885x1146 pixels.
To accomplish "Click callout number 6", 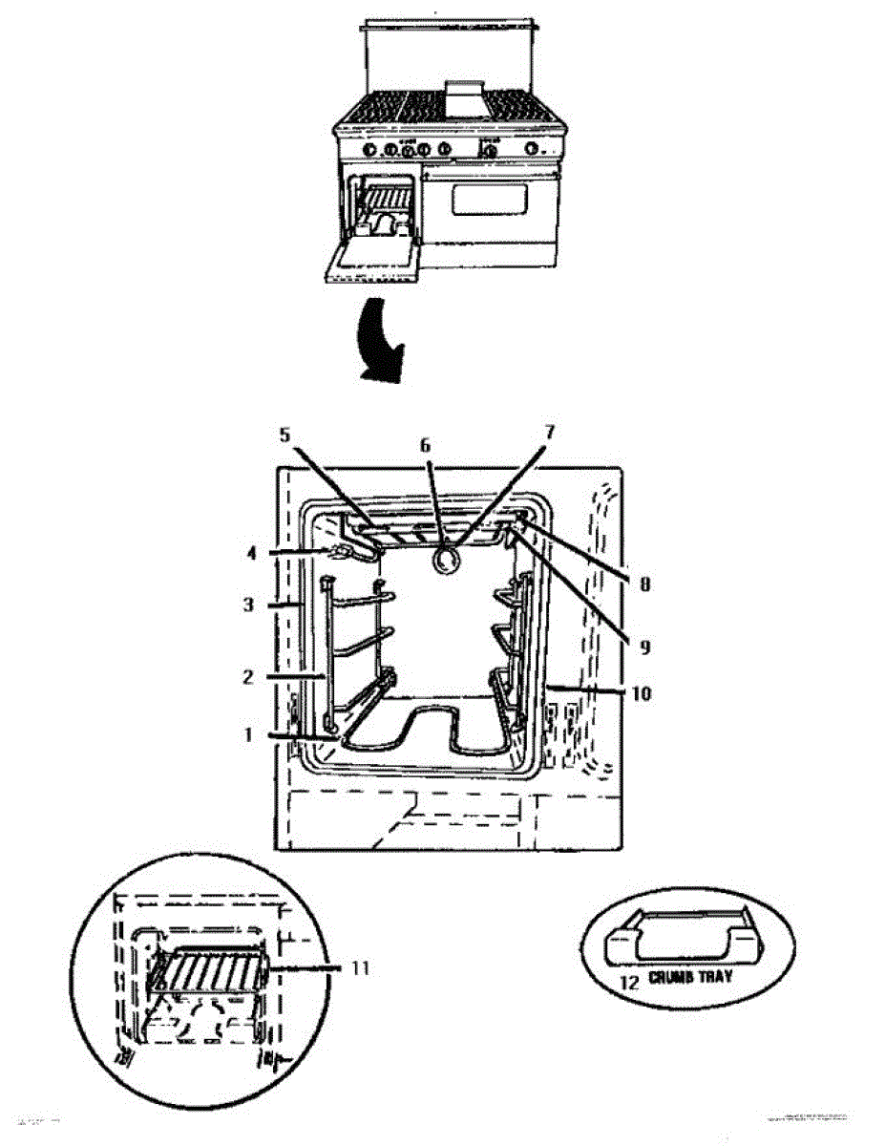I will coord(426,444).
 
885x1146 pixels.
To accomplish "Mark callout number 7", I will coord(549,432).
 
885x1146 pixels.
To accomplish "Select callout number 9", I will coord(644,647).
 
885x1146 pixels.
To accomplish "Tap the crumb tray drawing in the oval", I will coord(684,938).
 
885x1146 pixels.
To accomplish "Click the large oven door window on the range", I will coord(489,199).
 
